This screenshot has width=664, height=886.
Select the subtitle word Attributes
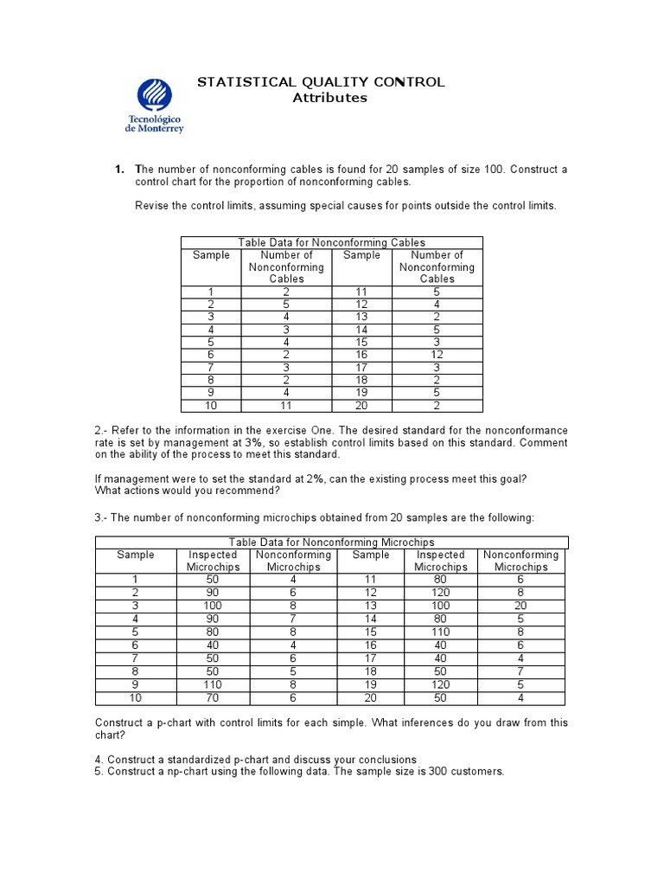coord(329,98)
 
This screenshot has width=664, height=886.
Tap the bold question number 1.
coord(120,170)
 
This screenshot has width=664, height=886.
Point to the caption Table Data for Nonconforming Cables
coord(331,243)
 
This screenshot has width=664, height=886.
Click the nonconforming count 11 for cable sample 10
coord(286,405)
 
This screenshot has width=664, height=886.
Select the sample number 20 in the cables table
coord(361,405)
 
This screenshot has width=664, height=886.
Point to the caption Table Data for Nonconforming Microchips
coord(331,543)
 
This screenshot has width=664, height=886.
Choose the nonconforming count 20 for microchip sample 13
coord(520,606)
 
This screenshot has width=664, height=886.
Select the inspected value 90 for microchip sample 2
coord(212,593)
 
